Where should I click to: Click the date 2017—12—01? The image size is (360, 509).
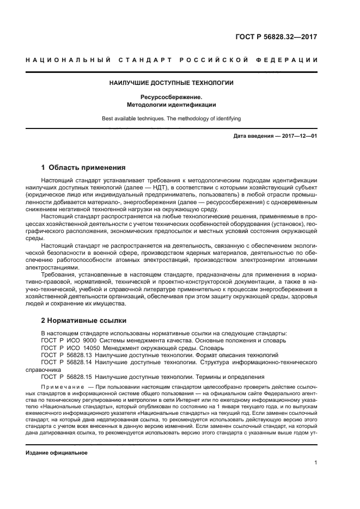tap(301, 136)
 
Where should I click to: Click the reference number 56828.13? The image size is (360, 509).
tap(77, 355)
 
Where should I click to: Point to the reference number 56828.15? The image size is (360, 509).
tap(77, 377)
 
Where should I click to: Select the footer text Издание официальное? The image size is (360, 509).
tap(57, 452)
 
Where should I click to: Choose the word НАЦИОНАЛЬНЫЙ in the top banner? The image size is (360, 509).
tap(67, 60)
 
